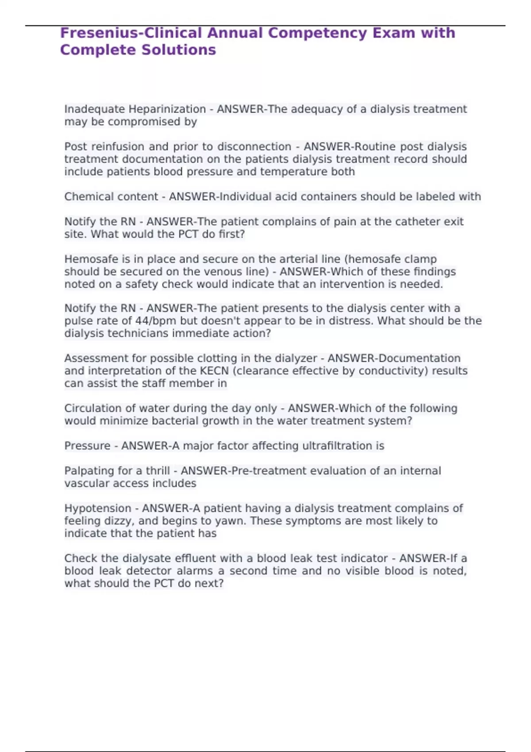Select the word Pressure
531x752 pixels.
[x=87, y=446]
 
